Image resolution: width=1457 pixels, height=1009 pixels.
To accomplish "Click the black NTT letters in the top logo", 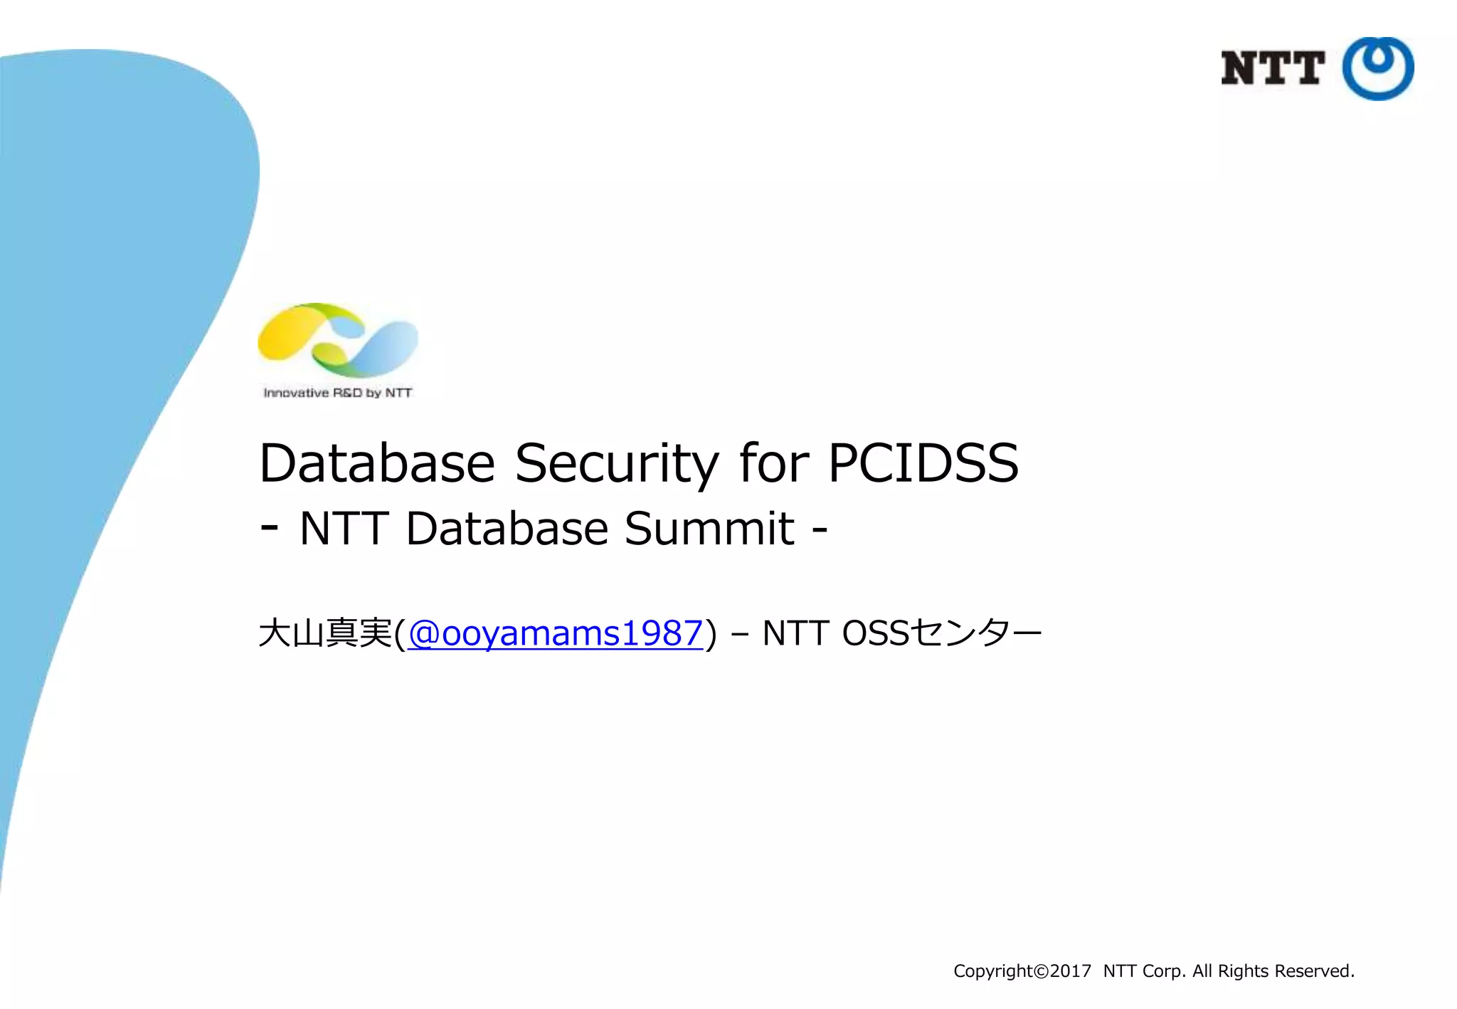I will pyautogui.click(x=1271, y=68).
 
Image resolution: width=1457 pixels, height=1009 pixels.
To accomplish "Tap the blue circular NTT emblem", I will pyautogui.click(x=1377, y=68).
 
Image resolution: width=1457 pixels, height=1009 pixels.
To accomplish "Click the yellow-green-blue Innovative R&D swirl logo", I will pyautogui.click(x=338, y=340).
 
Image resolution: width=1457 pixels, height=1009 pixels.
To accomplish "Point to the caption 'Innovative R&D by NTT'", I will pyautogui.click(x=338, y=393).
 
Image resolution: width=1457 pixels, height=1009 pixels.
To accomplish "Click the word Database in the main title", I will pyautogui.click(x=377, y=463).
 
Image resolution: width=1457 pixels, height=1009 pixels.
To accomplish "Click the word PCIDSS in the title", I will pyautogui.click(x=923, y=463).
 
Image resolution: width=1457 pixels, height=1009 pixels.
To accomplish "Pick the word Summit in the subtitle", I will pyautogui.click(x=709, y=529).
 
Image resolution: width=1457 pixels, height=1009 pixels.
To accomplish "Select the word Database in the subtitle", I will pyautogui.click(x=507, y=529).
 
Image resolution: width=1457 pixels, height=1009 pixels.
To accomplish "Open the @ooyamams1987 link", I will pyautogui.click(x=556, y=633).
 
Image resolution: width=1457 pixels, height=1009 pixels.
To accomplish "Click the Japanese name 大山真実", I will pyautogui.click(x=326, y=633).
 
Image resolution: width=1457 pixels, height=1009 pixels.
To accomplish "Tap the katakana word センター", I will pyautogui.click(x=977, y=633).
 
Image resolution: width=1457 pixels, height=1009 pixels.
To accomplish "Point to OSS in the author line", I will pyautogui.click(x=876, y=633).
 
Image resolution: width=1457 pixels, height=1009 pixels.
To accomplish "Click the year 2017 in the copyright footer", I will pyautogui.click(x=1070, y=971).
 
